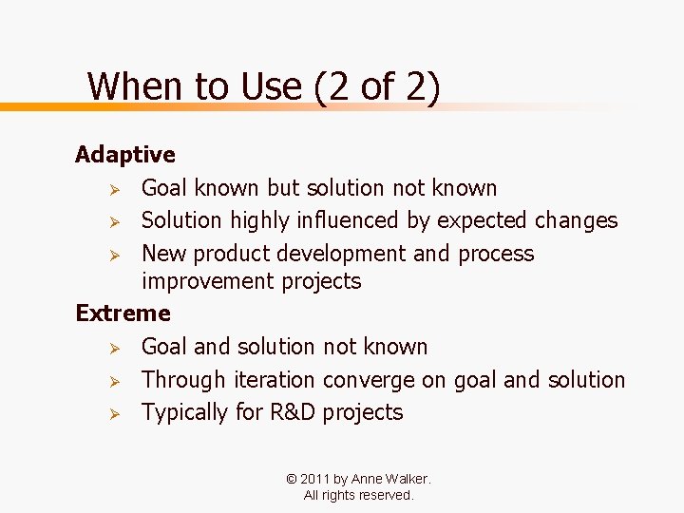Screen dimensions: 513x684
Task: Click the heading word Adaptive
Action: click(x=125, y=154)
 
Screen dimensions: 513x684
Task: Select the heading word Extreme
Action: click(x=123, y=313)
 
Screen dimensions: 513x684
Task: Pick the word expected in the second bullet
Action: click(x=482, y=220)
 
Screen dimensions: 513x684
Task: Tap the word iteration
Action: click(x=275, y=380)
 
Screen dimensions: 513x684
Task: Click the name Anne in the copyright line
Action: click(x=368, y=479)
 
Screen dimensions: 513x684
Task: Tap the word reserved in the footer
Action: click(x=385, y=495)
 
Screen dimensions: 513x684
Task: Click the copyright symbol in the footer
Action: click(x=290, y=479)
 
